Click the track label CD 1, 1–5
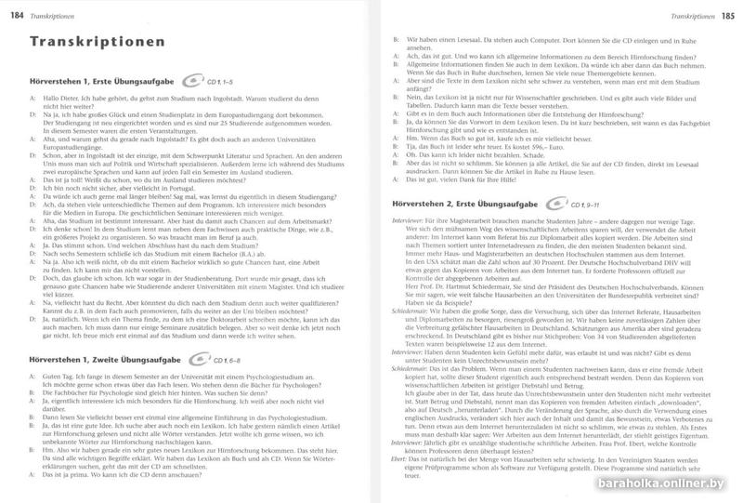click(x=221, y=83)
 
